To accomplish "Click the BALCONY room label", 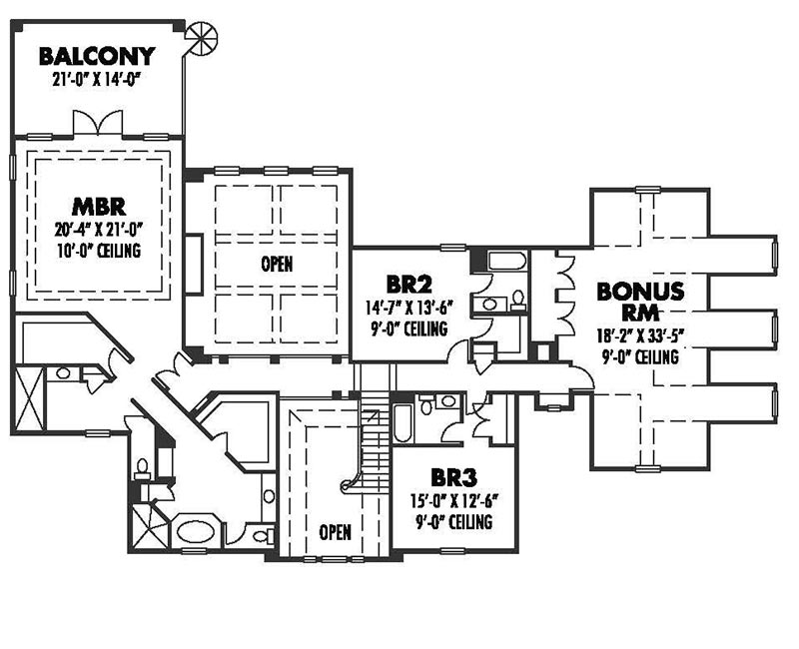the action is (97, 57).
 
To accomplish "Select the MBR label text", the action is (99, 207).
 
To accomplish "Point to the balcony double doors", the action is (98, 122).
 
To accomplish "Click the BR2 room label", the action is (409, 285).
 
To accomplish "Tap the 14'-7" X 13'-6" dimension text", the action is (409, 309).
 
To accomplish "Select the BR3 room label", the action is (453, 478).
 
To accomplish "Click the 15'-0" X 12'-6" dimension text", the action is (453, 502).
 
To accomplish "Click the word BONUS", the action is (640, 292).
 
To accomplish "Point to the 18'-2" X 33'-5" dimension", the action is (640, 336).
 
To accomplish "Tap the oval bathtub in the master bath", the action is (196, 532).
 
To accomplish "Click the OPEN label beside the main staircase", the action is (335, 532).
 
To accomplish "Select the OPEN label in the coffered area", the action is (277, 264).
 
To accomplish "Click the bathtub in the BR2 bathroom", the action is (507, 262).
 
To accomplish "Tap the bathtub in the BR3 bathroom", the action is (402, 423).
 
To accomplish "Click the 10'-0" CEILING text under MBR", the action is (98, 251).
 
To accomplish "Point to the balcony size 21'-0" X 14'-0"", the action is (96, 81).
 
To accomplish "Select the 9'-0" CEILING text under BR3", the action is (453, 522).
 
